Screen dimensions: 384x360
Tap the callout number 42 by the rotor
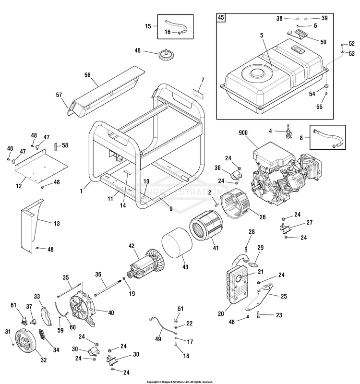[131, 246]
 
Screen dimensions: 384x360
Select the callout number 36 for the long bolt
[98, 275]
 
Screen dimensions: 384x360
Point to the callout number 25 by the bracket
[283, 297]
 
